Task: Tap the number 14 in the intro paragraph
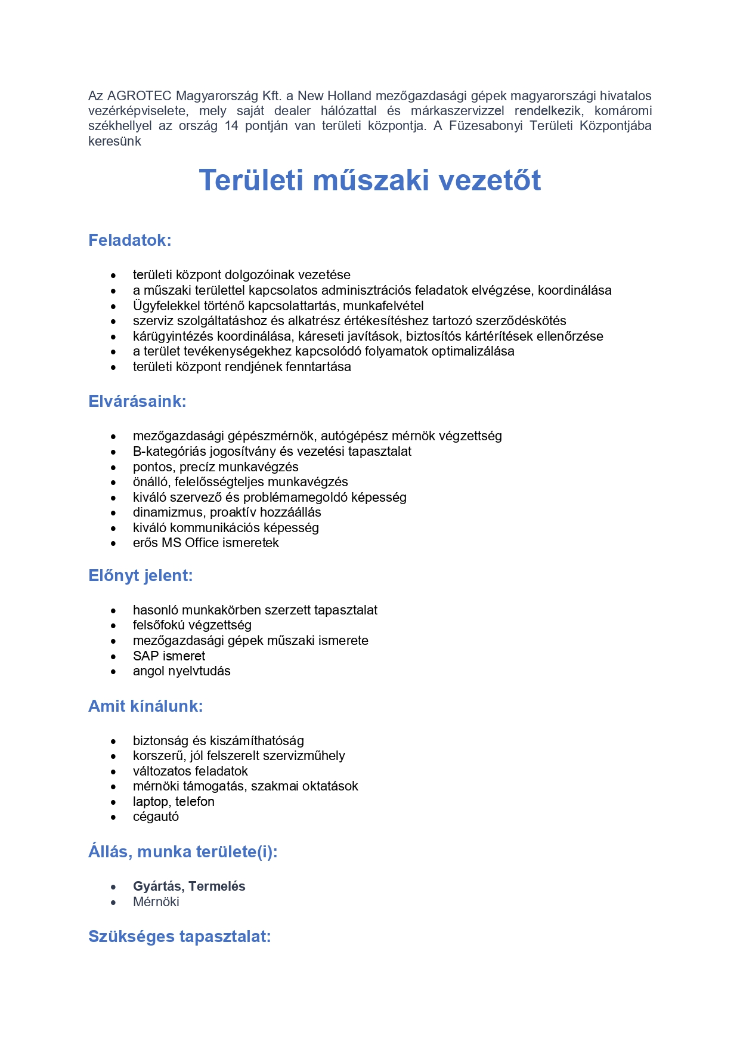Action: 231,126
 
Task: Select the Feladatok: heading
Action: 130,240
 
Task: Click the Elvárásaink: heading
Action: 137,401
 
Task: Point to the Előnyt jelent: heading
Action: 140,576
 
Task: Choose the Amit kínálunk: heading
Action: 145,706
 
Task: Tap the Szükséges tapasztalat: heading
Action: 179,937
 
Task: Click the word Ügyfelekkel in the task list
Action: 162,306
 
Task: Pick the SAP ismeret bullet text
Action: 169,656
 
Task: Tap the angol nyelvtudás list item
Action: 181,671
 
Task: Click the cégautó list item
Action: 156,817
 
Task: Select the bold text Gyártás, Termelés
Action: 189,887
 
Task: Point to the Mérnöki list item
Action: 156,902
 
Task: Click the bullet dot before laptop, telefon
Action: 113,802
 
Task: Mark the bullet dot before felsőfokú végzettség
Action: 113,626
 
